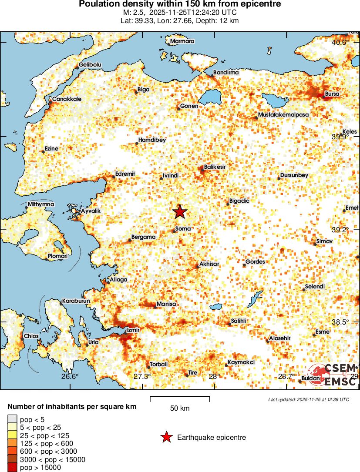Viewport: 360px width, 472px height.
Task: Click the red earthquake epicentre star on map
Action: [180, 212]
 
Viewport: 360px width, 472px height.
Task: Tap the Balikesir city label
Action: [215, 167]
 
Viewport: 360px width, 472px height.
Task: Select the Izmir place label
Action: [133, 330]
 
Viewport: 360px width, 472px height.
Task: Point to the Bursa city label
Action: [333, 94]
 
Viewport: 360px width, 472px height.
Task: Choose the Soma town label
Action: [183, 228]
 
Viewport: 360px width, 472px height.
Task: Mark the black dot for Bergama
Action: [129, 240]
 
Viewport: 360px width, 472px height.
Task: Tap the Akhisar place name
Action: [209, 264]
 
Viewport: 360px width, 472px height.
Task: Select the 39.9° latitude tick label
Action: [340, 137]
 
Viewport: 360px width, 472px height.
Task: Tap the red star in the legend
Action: [166, 437]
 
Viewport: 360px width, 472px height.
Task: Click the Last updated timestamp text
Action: [309, 399]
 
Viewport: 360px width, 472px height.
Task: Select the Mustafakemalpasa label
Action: [283, 114]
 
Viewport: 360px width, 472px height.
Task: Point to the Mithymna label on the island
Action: [41, 204]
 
